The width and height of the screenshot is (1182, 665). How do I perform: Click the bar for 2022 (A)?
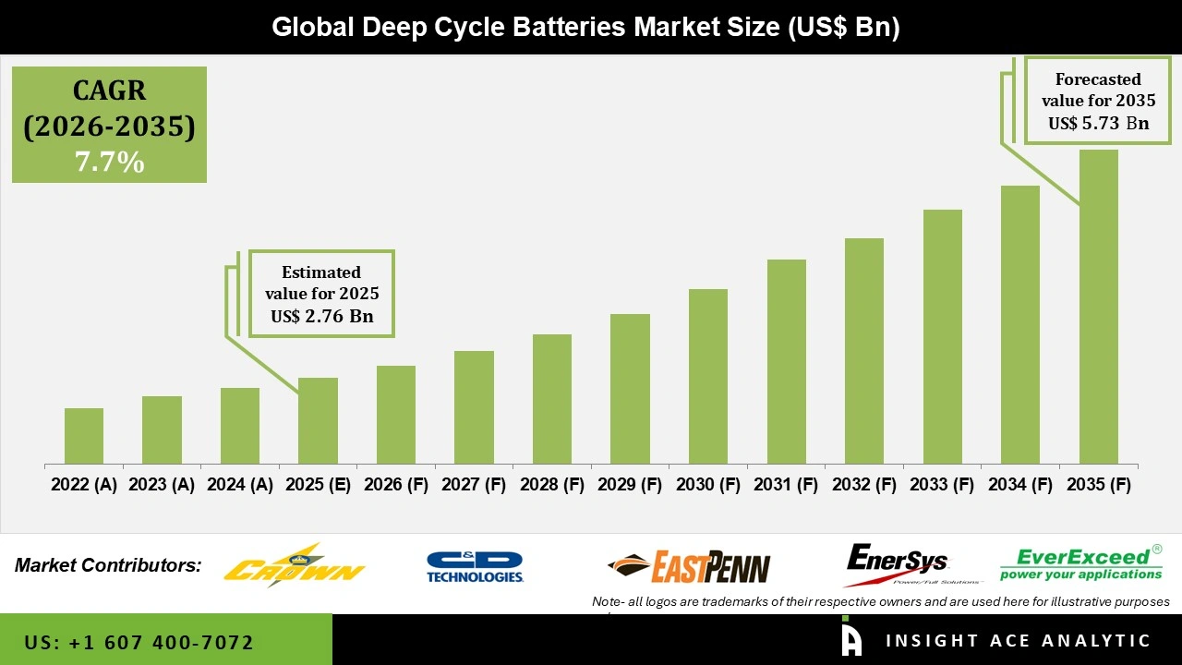(84, 436)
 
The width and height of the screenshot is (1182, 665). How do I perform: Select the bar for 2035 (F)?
(1098, 307)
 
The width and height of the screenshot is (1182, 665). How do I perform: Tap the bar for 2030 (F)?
(707, 376)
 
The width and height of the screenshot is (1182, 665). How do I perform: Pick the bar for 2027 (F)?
(474, 407)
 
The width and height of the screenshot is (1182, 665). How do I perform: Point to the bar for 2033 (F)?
(942, 336)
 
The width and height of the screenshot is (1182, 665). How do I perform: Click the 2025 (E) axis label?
(318, 485)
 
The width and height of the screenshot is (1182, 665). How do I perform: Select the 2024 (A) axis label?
(240, 485)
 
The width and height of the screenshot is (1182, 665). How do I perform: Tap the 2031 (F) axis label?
(786, 485)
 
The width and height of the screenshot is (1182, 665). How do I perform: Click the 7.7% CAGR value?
(109, 163)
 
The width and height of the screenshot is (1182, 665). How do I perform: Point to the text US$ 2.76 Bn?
(321, 316)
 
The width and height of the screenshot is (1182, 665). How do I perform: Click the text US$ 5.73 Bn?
(1098, 123)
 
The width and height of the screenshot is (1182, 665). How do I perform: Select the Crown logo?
(295, 564)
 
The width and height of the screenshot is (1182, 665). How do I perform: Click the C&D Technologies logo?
(475, 566)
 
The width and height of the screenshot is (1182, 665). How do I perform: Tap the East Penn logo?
(689, 566)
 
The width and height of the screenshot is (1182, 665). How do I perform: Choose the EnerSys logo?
(896, 564)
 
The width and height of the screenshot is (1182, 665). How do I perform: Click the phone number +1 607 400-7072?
(139, 642)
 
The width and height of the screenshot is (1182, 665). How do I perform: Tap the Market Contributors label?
(108, 564)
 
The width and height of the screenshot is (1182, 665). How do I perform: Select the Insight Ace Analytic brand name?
(1018, 641)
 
